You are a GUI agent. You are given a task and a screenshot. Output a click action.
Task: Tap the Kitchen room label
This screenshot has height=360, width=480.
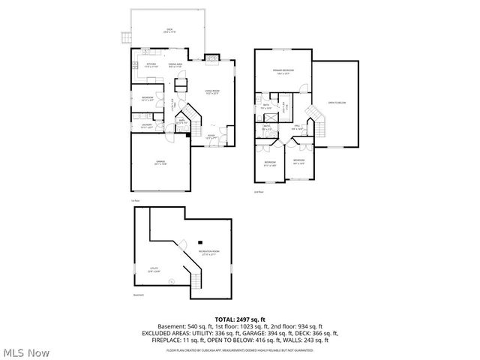coord(151,66)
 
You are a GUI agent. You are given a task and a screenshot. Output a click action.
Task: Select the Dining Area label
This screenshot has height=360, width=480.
coord(175,66)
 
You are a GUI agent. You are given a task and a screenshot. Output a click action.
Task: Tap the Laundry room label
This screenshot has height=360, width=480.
coord(147,126)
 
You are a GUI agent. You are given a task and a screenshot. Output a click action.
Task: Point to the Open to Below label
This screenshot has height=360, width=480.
coord(337,103)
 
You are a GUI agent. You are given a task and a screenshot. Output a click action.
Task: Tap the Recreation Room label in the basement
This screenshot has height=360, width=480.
coord(208,253)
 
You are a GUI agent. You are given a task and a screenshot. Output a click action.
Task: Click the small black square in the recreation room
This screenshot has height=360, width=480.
coord(200,241)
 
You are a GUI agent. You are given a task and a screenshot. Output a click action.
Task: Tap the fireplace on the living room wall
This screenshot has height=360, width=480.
coord(213,58)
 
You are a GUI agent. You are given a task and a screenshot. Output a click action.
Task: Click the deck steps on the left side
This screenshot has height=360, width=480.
coord(125,36)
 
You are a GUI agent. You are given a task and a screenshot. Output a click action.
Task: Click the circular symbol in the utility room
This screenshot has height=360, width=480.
coord(172,281)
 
